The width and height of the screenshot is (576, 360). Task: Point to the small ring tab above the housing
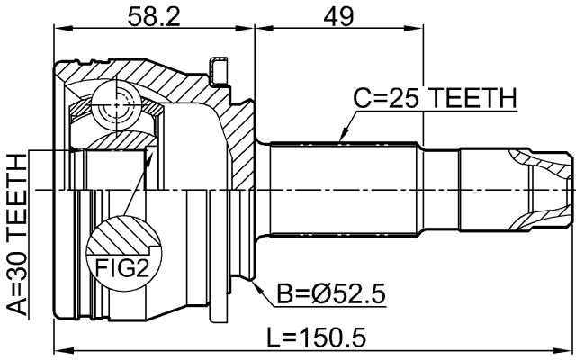coord(216,68)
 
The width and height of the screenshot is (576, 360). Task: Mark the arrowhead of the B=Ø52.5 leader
coord(256,284)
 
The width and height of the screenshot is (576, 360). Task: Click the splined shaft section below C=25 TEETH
coord(342,189)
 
